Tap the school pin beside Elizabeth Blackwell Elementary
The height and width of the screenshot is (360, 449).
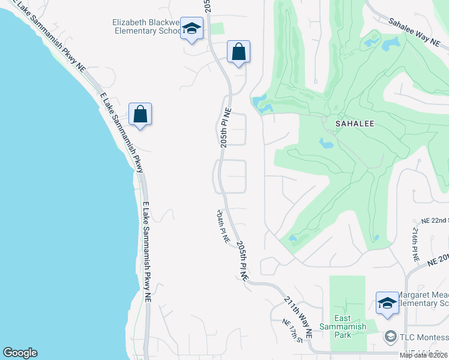coord(192,28)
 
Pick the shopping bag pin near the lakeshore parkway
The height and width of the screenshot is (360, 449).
coord(140,114)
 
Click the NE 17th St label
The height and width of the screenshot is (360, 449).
coord(292,330)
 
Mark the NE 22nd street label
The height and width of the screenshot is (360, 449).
coord(435,221)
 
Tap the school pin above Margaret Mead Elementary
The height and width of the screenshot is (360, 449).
coord(387,303)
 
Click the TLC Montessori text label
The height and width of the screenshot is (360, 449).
coord(424,337)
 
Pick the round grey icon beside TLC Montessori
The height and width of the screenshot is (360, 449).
coord(391,337)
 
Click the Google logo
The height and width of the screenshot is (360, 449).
coord(20,353)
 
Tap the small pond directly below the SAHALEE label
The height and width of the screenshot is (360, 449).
coord(326,143)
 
